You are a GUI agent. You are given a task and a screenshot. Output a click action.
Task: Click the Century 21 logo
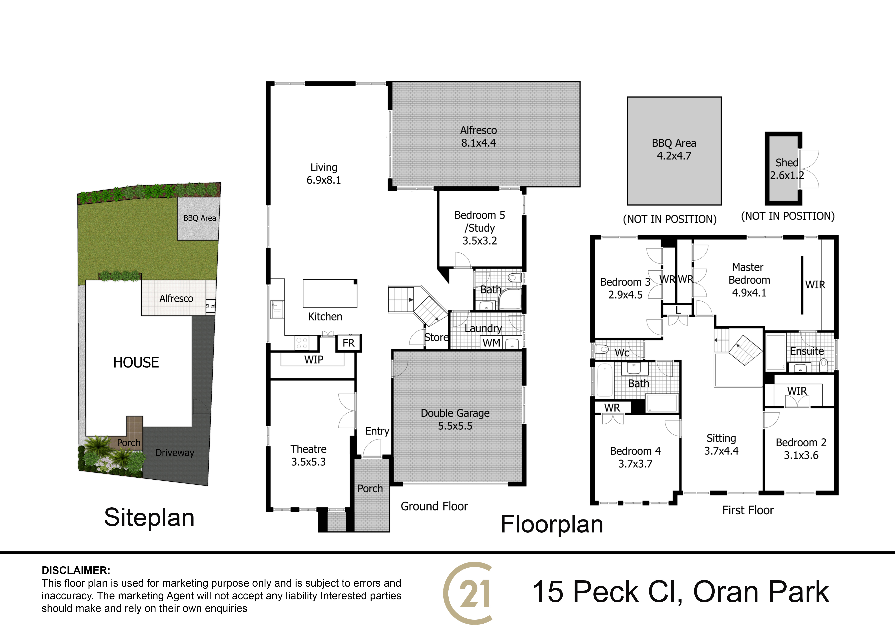pos(468,593)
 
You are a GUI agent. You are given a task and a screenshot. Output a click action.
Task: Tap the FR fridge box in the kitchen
pos(348,343)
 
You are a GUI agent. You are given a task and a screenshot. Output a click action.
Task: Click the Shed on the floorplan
pos(784,168)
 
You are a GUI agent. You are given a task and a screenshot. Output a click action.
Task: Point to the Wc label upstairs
pos(622,353)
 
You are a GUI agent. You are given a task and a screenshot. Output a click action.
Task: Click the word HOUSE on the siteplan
pos(136,362)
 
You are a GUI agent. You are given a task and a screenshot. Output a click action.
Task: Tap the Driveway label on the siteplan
pos(175,453)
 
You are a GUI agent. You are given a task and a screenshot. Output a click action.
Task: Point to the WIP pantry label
pos(314,360)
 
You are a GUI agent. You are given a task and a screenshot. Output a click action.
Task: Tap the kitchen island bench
pos(330,293)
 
